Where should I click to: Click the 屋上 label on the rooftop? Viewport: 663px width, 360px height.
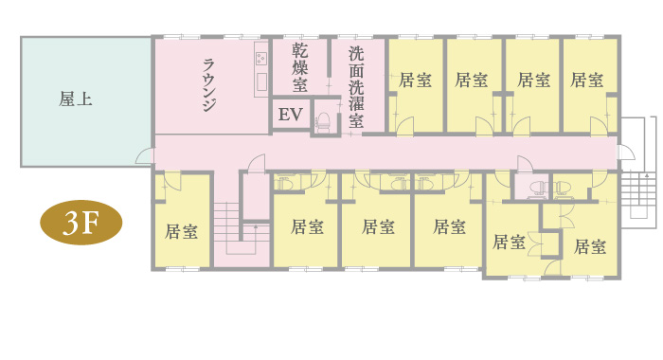pyautogui.click(x=75, y=99)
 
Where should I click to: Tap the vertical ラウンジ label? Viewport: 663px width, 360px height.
pyautogui.click(x=209, y=85)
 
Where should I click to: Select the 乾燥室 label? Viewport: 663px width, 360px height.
pyautogui.click(x=300, y=67)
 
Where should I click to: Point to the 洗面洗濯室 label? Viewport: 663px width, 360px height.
pyautogui.click(x=356, y=87)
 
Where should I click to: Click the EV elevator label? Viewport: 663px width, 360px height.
pyautogui.click(x=291, y=115)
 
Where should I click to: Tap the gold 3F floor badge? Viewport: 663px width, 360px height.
pyautogui.click(x=81, y=223)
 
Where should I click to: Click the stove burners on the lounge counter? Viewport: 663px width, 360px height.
pyautogui.click(x=260, y=58)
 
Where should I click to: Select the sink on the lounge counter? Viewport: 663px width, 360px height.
pyautogui.click(x=261, y=81)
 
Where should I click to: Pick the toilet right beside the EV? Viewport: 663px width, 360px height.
pyautogui.click(x=324, y=121)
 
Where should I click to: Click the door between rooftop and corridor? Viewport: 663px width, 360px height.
pyautogui.click(x=144, y=155)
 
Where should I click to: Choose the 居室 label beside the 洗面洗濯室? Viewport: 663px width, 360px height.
pyautogui.click(x=415, y=80)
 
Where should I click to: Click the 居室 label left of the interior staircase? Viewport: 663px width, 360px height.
pyautogui.click(x=181, y=231)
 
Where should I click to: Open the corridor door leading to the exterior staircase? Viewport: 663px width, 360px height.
pyautogui.click(x=625, y=153)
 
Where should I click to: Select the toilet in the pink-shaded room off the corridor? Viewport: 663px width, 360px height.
pyautogui.click(x=538, y=187)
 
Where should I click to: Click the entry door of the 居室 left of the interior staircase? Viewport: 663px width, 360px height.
pyautogui.click(x=171, y=181)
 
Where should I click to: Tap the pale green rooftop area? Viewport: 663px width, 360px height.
pyautogui.click(x=85, y=101)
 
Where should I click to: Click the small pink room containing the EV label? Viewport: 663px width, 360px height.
pyautogui.click(x=291, y=115)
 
